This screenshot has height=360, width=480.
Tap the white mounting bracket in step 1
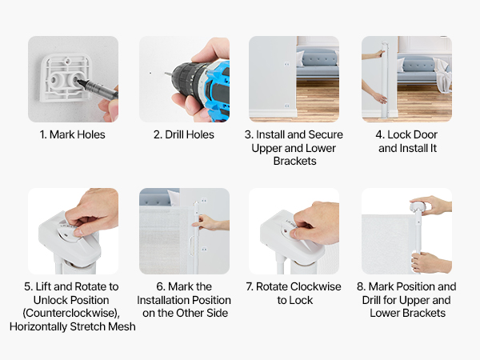pyautogui.click(x=66, y=78)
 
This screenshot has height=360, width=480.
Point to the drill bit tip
pyautogui.click(x=166, y=74)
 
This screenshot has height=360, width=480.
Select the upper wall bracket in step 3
pyautogui.click(x=287, y=64)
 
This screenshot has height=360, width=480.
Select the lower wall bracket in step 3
pyautogui.click(x=287, y=106)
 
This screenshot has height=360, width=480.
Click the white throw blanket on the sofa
pyautogui.click(x=442, y=76)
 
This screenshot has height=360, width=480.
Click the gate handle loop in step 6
pyautogui.click(x=191, y=246)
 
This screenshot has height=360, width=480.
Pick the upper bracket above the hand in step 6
pyautogui.click(x=204, y=201)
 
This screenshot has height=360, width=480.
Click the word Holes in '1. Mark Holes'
pyautogui.click(x=91, y=134)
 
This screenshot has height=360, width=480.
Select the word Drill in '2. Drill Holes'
pyautogui.click(x=173, y=134)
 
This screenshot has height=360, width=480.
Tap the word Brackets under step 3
pyautogui.click(x=294, y=161)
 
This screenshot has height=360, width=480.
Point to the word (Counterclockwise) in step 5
pyautogui.click(x=71, y=313)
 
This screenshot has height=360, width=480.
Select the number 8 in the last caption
pyautogui.click(x=360, y=286)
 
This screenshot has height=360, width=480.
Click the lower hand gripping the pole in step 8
pyautogui.click(x=430, y=262)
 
